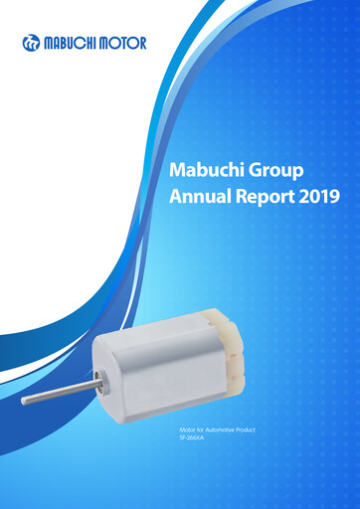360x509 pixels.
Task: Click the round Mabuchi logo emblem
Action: (32, 43)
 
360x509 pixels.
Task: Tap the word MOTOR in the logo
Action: (123, 43)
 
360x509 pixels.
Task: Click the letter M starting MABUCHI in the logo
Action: (50, 43)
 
